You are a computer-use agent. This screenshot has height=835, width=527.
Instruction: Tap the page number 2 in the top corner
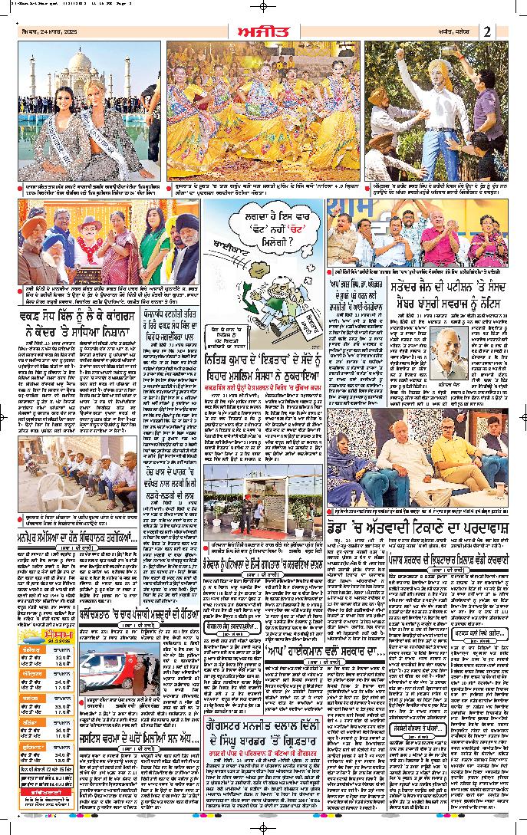[x=487, y=31]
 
